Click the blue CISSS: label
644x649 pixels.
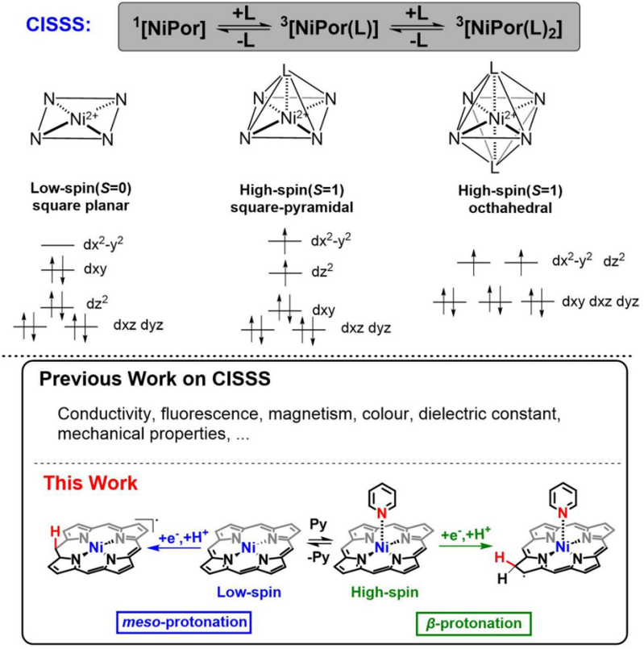click(58, 25)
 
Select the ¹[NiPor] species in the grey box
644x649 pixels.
click(169, 28)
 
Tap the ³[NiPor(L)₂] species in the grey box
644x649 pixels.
click(509, 28)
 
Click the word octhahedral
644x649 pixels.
click(510, 208)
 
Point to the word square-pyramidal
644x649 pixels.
click(292, 207)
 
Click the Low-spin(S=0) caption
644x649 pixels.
click(81, 189)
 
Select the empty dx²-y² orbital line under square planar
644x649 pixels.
click(57, 245)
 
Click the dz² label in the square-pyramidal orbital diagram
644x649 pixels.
click(322, 272)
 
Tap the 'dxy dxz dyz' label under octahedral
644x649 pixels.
click(600, 302)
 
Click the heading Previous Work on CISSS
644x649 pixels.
click(155, 379)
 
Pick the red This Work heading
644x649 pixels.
click(90, 483)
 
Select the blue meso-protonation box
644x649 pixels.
click(185, 622)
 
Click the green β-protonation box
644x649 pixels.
click(473, 623)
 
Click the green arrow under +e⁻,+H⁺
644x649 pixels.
click(466, 547)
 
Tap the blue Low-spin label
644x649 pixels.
click(249, 593)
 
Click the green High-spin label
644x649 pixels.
click(385, 593)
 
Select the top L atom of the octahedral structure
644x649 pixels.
click(493, 68)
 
